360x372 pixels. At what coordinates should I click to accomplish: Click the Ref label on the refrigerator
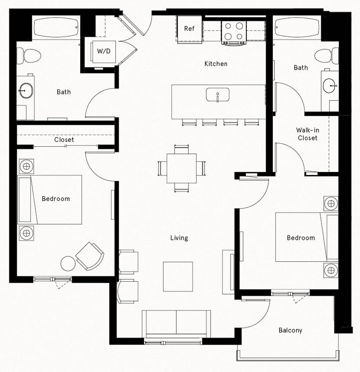click(x=189, y=29)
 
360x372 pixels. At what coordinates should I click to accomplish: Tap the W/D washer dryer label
click(x=104, y=51)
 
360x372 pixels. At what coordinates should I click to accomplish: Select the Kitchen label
click(x=216, y=64)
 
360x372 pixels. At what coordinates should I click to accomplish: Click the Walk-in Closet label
click(x=307, y=134)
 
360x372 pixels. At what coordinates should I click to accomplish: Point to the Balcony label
click(x=290, y=330)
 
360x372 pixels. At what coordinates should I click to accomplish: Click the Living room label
click(x=179, y=238)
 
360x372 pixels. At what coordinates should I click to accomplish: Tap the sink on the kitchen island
click(x=218, y=94)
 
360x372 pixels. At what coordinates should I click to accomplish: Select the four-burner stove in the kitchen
click(x=234, y=31)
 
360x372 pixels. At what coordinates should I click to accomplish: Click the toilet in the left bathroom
click(x=29, y=56)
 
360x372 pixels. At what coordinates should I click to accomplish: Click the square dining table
click(x=182, y=168)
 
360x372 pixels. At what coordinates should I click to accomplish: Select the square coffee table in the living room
click(x=178, y=276)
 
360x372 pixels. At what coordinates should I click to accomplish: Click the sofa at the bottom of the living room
click(x=176, y=324)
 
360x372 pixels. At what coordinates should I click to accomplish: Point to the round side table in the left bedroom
click(x=68, y=264)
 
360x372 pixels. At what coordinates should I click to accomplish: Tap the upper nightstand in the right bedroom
click(x=331, y=204)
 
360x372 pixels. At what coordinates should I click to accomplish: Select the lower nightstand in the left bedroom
click(x=26, y=232)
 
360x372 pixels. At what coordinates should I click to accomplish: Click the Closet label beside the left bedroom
click(x=64, y=140)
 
